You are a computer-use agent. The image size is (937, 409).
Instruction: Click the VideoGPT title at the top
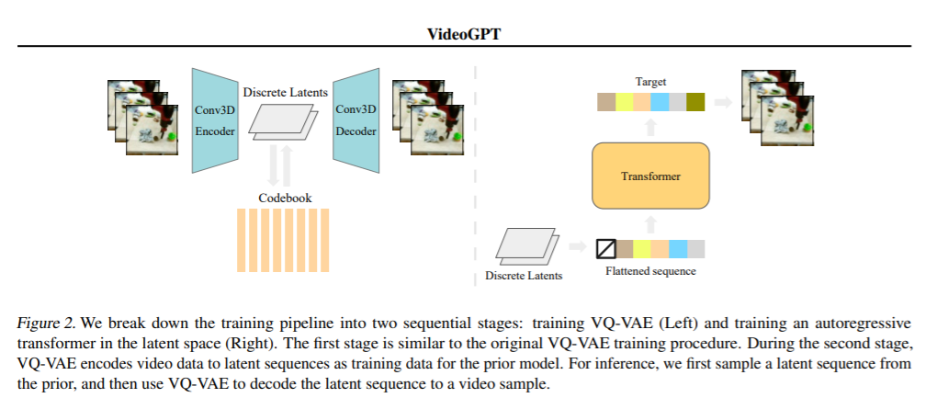(x=464, y=34)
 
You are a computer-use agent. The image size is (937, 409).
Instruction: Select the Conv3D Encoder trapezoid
(x=215, y=120)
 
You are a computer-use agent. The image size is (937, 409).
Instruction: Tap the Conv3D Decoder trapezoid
(x=356, y=120)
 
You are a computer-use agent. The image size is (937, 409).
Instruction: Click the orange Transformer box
(x=650, y=176)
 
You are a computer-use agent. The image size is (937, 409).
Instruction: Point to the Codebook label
(x=285, y=198)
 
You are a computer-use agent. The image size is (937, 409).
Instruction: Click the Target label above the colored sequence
(x=650, y=82)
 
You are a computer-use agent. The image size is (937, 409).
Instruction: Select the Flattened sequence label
(x=650, y=271)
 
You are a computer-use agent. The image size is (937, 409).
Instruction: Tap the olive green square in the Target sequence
(x=695, y=102)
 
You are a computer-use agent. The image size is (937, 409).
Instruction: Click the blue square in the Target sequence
(x=660, y=102)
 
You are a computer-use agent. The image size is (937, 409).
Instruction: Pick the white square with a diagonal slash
(x=606, y=249)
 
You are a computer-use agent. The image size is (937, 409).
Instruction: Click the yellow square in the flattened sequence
(x=642, y=249)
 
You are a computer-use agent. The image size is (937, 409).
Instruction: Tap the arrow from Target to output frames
(x=723, y=102)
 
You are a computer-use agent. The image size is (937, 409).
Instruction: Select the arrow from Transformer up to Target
(x=651, y=127)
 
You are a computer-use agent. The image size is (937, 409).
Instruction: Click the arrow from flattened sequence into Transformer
(x=651, y=225)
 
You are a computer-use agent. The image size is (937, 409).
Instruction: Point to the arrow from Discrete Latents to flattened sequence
(x=578, y=245)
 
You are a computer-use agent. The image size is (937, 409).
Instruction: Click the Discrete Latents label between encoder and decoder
(x=285, y=92)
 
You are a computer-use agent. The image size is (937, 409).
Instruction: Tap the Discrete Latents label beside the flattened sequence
(x=524, y=276)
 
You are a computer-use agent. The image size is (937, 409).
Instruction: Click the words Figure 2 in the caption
(x=46, y=324)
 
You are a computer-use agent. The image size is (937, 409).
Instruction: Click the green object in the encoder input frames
(x=172, y=136)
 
